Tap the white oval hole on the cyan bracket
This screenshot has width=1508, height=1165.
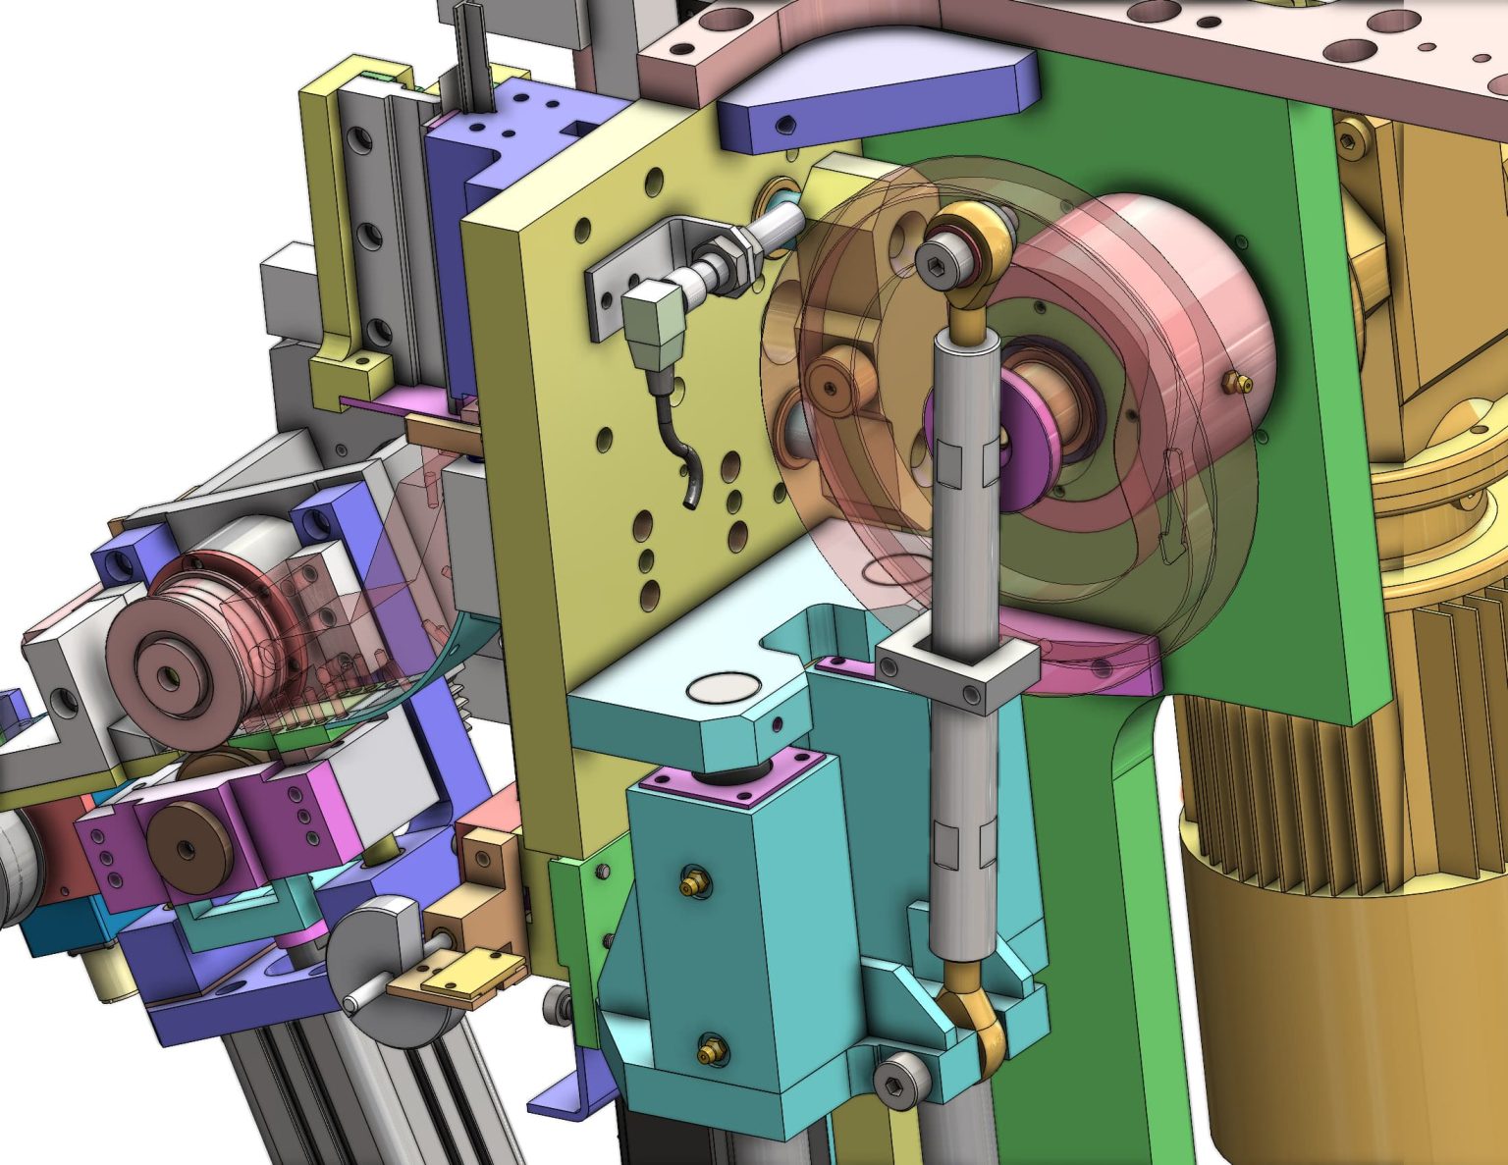[x=722, y=687]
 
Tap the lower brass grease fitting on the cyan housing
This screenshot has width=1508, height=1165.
[x=710, y=1053]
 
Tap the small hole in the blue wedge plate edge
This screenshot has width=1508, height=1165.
[x=785, y=125]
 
